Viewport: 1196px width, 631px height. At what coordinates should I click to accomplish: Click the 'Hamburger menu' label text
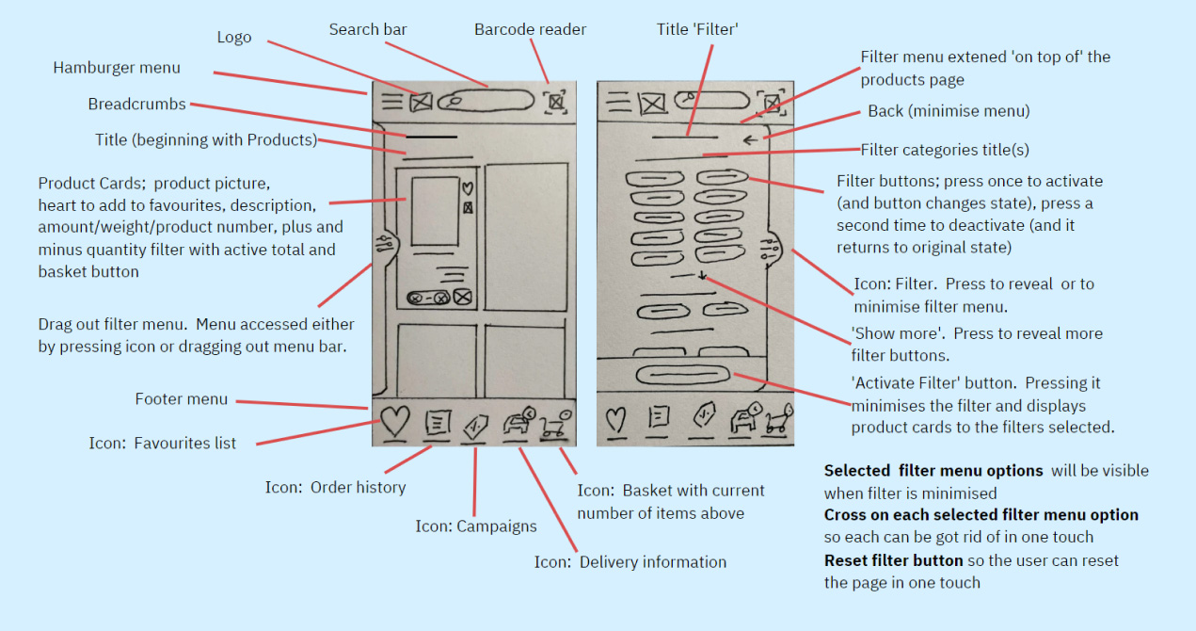tap(117, 68)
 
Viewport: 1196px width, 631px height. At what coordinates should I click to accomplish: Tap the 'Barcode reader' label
tap(530, 30)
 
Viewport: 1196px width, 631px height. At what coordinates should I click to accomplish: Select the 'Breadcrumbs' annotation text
tap(136, 105)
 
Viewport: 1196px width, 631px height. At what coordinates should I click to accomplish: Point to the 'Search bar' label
tap(368, 30)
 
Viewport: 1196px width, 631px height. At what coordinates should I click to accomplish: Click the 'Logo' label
tap(234, 38)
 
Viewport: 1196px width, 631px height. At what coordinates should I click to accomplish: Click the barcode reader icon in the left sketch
tap(556, 101)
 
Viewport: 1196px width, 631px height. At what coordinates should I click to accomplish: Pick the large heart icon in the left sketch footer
tap(395, 420)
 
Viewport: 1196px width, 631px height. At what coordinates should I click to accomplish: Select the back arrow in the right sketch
tap(749, 140)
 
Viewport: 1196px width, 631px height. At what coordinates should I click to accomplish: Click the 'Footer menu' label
tap(182, 399)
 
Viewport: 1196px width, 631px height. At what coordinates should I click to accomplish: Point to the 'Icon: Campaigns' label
tap(476, 526)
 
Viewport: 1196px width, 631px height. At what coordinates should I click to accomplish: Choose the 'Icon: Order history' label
tap(335, 488)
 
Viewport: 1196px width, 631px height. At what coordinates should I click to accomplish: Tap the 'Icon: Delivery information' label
tap(630, 562)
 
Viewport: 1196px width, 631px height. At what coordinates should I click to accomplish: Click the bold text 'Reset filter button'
tap(893, 560)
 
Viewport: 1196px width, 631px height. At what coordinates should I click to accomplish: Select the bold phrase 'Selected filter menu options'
tap(933, 471)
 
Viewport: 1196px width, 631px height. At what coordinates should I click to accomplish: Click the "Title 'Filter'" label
tap(697, 30)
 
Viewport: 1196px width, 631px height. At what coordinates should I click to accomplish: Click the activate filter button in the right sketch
tap(682, 374)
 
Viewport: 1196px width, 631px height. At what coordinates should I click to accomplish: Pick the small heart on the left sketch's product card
tap(467, 187)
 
